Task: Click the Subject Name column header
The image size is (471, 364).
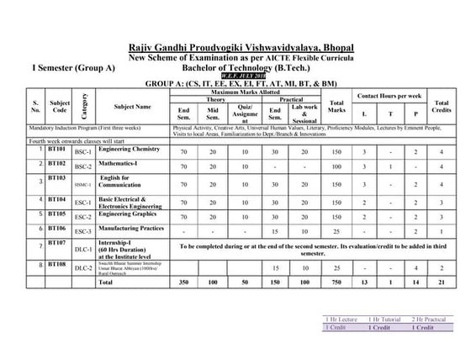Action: (x=133, y=108)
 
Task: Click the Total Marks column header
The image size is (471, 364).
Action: (x=338, y=108)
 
